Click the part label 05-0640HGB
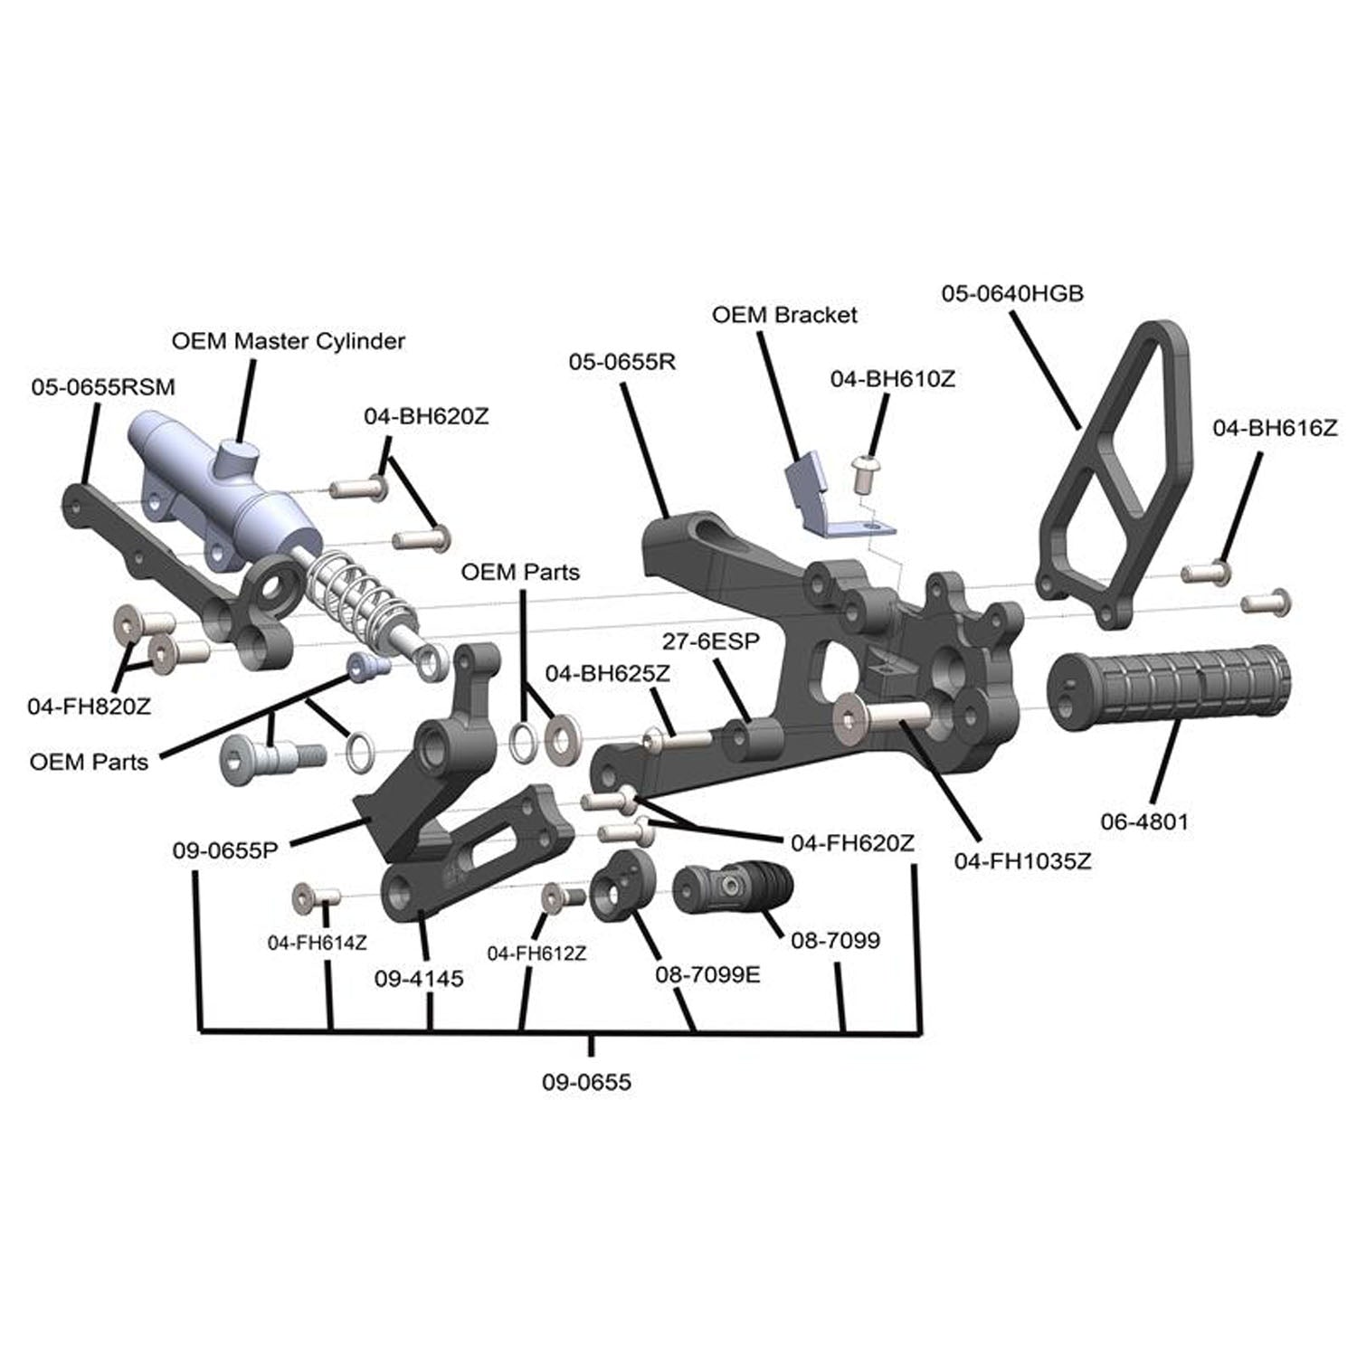(x=1011, y=294)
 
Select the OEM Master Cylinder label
(x=288, y=341)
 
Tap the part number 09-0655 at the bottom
(x=586, y=1082)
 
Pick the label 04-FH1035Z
(x=1022, y=861)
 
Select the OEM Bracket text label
(x=783, y=315)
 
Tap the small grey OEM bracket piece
(x=823, y=502)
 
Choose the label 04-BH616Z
(x=1274, y=428)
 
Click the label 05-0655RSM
(x=103, y=387)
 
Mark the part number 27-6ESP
(x=710, y=641)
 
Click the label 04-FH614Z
(x=317, y=943)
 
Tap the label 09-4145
(x=419, y=978)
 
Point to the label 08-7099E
(x=707, y=976)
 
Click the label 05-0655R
(x=622, y=362)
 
